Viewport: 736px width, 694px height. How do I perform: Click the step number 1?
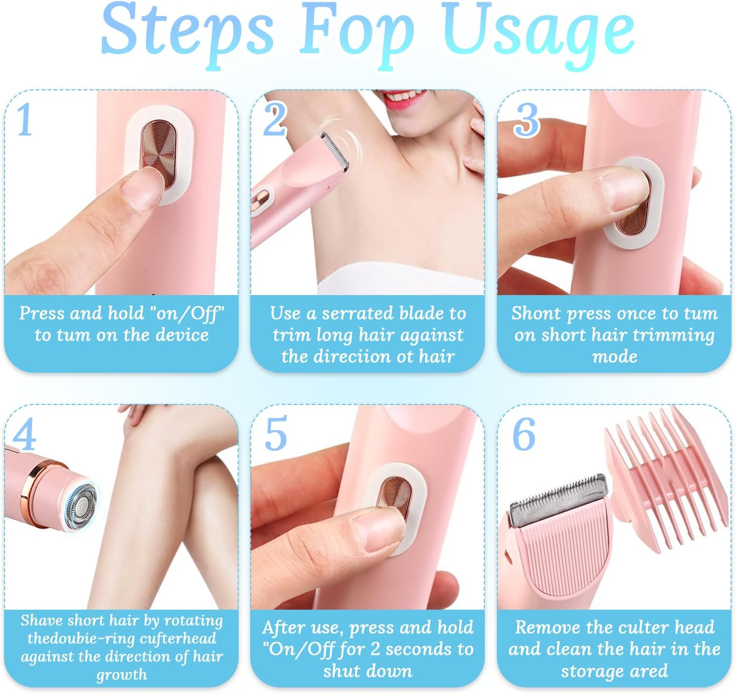click(25, 119)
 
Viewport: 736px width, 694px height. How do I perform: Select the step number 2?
click(275, 119)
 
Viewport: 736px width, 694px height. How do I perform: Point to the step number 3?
click(526, 120)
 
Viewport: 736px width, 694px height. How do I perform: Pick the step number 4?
click(25, 434)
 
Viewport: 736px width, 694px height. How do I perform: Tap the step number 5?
click(276, 434)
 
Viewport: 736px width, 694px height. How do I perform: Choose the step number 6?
click(523, 434)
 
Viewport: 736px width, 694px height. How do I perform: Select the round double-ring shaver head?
click(81, 507)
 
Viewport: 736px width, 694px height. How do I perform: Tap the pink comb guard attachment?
click(663, 479)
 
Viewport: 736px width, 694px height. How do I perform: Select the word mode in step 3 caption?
click(615, 357)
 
